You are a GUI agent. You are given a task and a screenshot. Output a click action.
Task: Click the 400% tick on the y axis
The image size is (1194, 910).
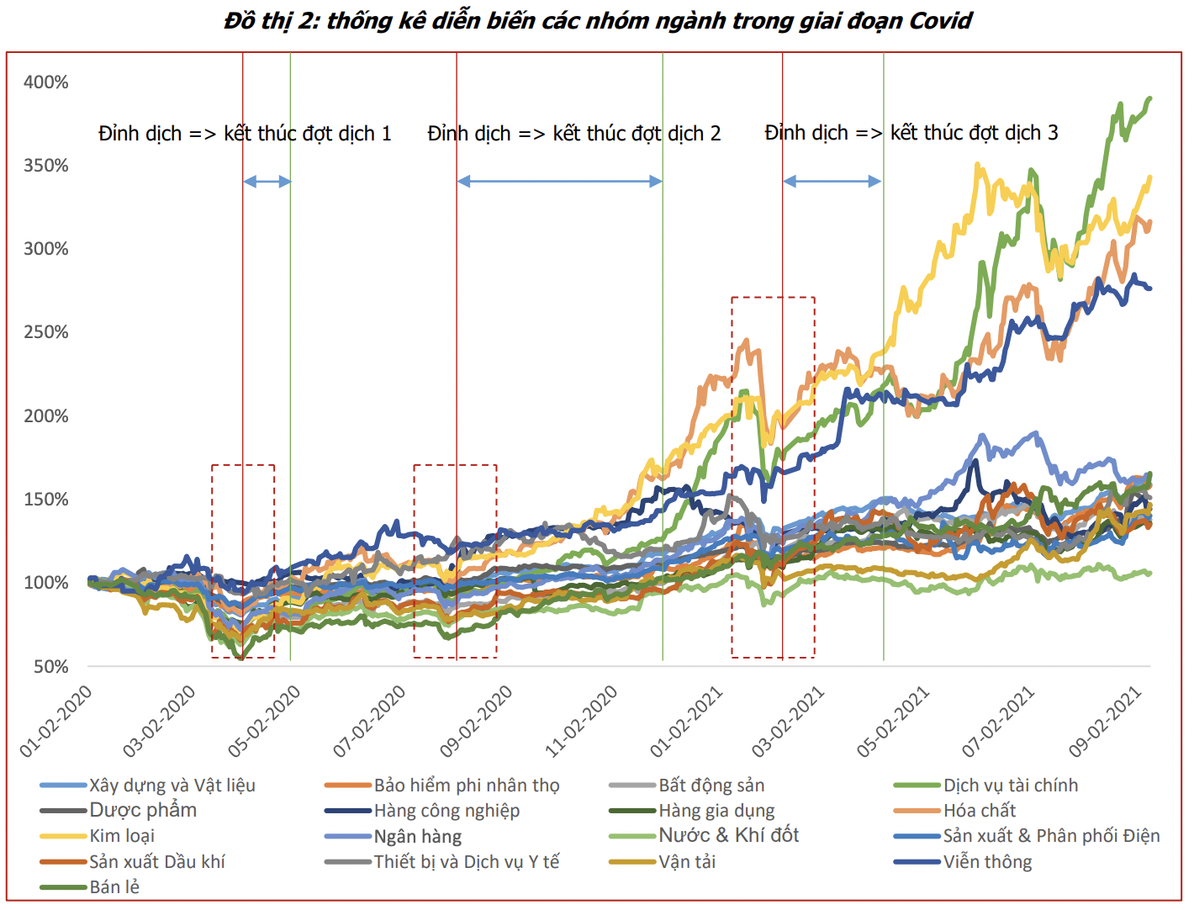click(x=45, y=82)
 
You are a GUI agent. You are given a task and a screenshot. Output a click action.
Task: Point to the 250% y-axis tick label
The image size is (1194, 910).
click(x=45, y=332)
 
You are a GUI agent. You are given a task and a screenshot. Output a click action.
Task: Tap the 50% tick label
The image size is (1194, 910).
click(x=50, y=667)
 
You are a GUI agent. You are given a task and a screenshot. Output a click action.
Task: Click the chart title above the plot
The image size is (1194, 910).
click(x=597, y=21)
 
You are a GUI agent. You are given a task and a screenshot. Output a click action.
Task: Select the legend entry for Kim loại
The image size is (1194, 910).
click(x=122, y=836)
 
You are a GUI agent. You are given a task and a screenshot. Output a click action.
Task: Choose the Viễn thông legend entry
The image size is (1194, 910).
click(x=987, y=862)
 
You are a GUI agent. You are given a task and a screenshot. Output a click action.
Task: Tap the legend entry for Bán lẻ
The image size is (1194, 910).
click(x=114, y=887)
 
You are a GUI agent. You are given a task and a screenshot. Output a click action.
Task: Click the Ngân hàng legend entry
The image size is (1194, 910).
click(x=417, y=837)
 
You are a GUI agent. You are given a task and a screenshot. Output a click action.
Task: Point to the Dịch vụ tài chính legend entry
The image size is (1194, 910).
click(x=1010, y=786)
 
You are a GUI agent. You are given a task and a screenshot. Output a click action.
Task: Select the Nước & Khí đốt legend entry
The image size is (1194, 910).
click(x=728, y=835)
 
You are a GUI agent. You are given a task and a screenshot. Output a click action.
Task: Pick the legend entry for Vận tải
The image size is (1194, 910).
click(x=687, y=862)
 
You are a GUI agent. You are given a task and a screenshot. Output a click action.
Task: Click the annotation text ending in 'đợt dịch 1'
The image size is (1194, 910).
click(x=245, y=134)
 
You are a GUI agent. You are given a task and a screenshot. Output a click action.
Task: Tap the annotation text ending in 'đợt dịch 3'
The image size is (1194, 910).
click(x=911, y=133)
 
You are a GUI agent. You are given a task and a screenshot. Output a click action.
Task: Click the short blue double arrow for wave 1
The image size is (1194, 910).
click(x=267, y=182)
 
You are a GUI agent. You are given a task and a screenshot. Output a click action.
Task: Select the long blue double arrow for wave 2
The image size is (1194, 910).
click(x=559, y=181)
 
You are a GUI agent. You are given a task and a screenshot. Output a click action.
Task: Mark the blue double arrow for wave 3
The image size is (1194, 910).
click(x=832, y=181)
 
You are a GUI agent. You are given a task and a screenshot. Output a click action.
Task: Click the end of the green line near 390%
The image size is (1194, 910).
click(x=1149, y=99)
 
